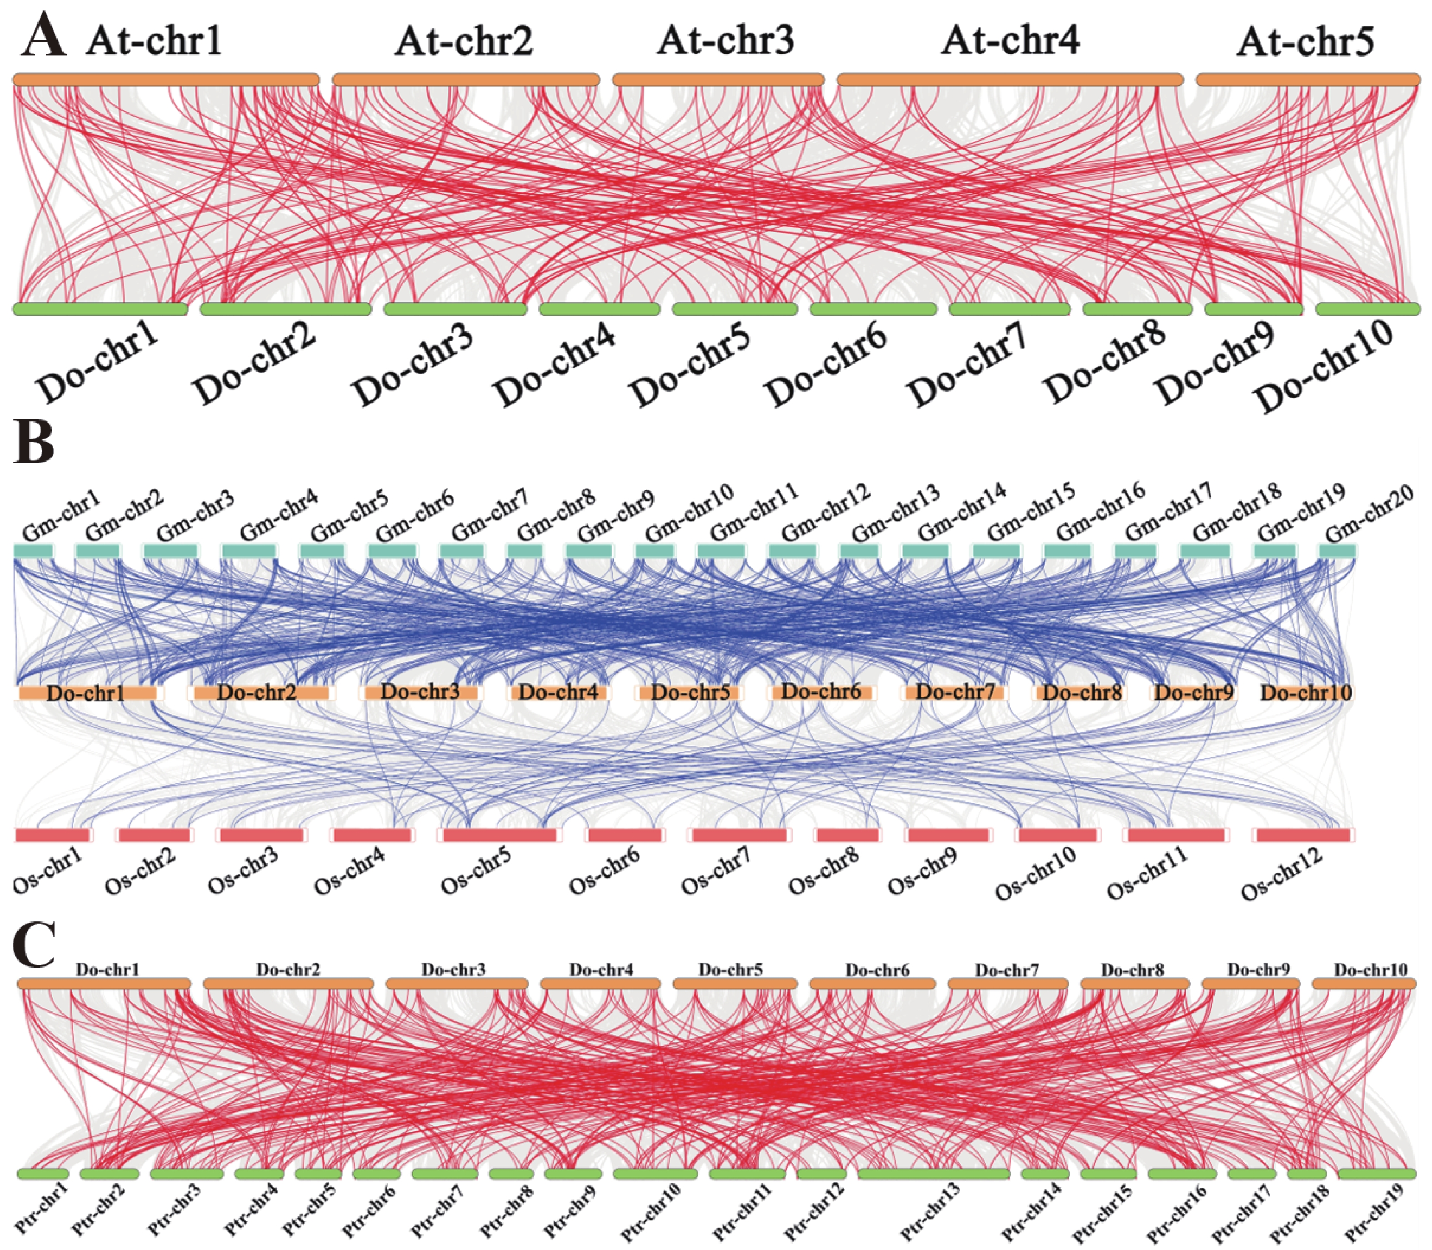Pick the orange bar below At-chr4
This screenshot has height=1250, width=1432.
(1010, 80)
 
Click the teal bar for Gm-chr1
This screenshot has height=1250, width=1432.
(34, 551)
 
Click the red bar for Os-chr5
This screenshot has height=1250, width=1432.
(500, 835)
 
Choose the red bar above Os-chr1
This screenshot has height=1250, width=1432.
(52, 835)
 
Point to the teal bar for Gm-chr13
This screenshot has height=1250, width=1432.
(859, 551)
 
